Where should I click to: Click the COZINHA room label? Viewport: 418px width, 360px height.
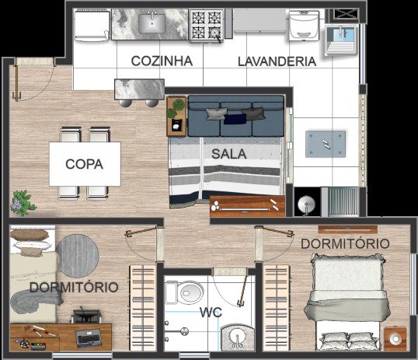pos(162,61)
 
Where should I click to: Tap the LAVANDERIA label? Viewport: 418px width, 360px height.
pos(277,61)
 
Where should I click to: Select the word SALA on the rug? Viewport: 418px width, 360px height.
pos(228,154)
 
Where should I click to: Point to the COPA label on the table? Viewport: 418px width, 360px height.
pos(84,164)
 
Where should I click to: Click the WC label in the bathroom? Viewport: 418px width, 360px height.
pos(211,313)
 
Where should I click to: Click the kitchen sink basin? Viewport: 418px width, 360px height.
pos(152,23)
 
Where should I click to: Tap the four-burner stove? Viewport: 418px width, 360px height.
pos(207,26)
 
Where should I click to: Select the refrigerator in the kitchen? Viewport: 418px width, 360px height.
pos(92,26)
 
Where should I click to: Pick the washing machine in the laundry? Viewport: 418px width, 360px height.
pos(304,26)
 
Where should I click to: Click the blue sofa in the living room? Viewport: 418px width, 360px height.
pos(236,116)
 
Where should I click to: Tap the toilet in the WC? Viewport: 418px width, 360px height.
pos(184,292)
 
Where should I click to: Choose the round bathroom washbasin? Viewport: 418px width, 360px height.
pos(237,337)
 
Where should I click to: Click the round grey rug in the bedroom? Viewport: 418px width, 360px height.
pos(78,256)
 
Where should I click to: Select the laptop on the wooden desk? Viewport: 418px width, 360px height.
pos(89,338)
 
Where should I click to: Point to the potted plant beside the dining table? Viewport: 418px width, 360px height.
pos(23,203)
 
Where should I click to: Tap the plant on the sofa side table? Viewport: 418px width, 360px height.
pos(176,108)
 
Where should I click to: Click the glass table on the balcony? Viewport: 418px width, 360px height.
pos(326,144)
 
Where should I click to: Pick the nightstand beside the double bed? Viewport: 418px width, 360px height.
pos(395,339)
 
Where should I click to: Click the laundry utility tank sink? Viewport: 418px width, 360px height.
pos(341,40)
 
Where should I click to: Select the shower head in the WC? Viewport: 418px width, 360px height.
pos(183,331)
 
